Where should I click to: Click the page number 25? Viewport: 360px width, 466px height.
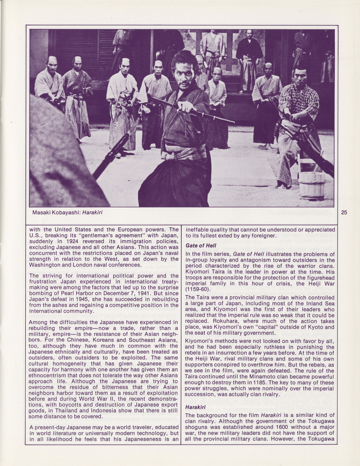coord(344,212)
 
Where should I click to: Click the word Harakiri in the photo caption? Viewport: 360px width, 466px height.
coord(92,213)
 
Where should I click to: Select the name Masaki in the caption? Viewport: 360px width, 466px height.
coord(43,213)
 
